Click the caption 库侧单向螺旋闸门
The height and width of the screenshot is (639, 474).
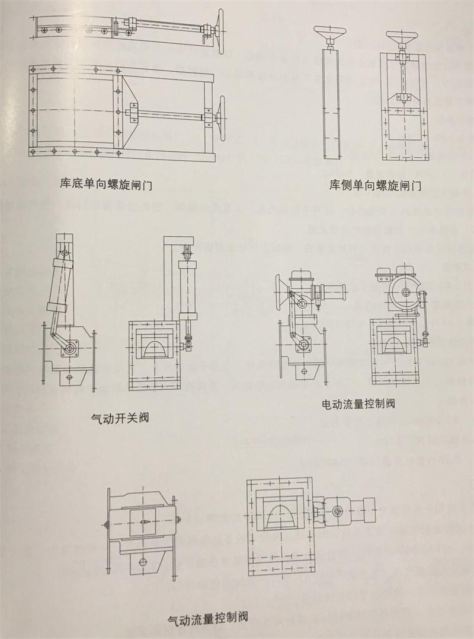tap(375, 185)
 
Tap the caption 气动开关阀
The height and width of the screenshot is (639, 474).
tap(117, 418)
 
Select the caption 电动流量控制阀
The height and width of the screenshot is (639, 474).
tap(358, 404)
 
